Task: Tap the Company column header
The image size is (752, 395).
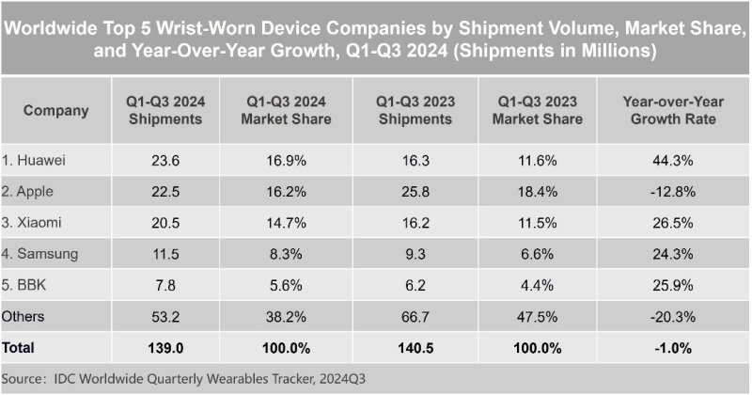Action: pyautogui.click(x=55, y=110)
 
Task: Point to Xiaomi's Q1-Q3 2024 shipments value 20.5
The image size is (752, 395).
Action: pyautogui.click(x=165, y=223)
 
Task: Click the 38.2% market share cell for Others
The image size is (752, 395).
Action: pyautogui.click(x=287, y=317)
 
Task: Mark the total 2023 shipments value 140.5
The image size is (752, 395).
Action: pyautogui.click(x=415, y=347)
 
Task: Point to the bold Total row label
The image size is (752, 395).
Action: pyautogui.click(x=18, y=347)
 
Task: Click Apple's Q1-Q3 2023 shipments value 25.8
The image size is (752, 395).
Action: pyautogui.click(x=415, y=191)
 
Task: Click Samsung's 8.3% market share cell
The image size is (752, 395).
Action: pyautogui.click(x=287, y=253)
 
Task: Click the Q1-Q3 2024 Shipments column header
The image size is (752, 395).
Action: pyautogui.click(x=165, y=110)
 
